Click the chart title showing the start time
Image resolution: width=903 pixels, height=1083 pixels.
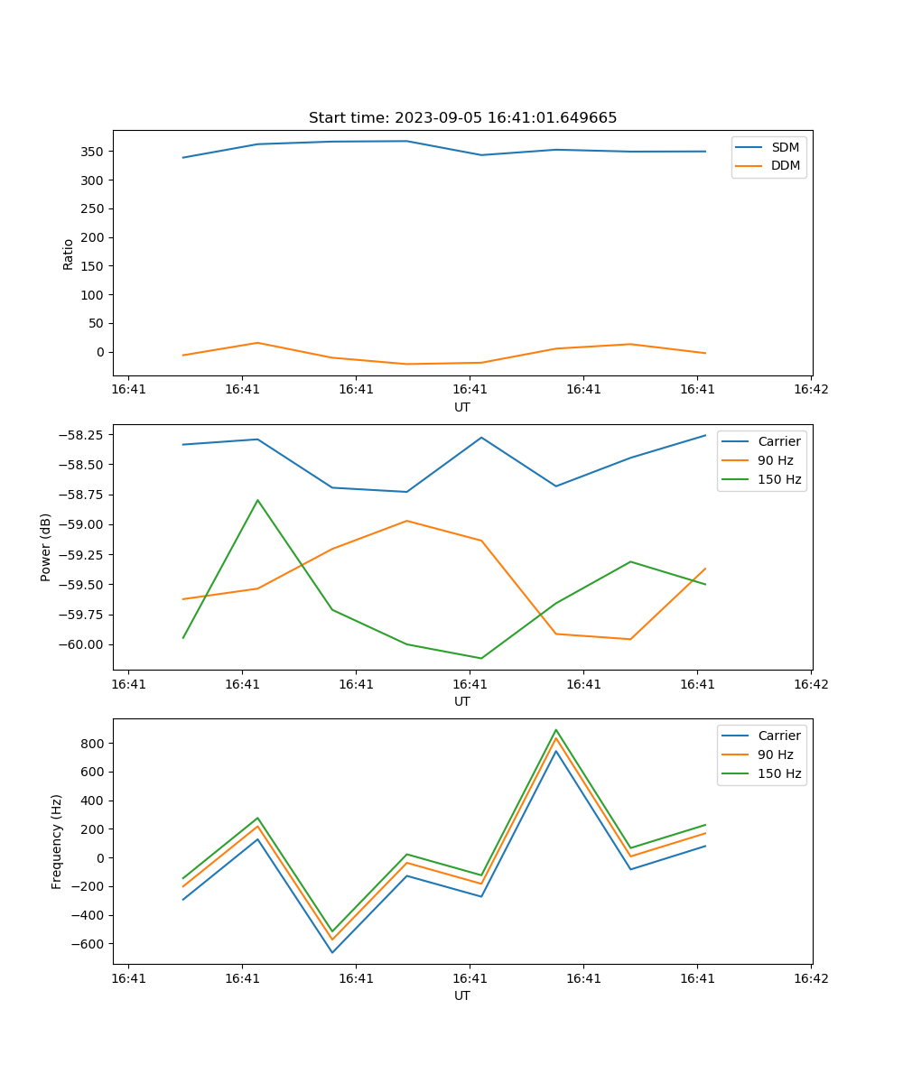(462, 118)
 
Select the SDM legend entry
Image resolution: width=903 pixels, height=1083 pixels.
(785, 147)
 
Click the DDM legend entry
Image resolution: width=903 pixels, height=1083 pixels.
(785, 165)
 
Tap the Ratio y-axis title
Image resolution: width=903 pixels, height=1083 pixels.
(69, 254)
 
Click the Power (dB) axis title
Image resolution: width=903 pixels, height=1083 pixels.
(46, 547)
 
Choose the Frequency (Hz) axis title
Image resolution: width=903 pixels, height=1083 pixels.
(57, 841)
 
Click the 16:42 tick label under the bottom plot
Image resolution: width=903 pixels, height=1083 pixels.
(810, 977)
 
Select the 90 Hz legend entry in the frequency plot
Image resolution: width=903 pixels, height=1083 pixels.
(776, 754)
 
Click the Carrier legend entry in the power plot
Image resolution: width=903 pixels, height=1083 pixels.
(779, 442)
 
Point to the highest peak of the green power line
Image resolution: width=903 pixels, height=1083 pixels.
(257, 500)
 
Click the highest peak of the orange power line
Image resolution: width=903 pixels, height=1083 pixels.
(406, 521)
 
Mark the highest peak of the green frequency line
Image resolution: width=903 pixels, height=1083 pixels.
(556, 730)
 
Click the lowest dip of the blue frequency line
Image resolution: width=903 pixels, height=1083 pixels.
(332, 952)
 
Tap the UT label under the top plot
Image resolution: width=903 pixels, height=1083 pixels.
(462, 407)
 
